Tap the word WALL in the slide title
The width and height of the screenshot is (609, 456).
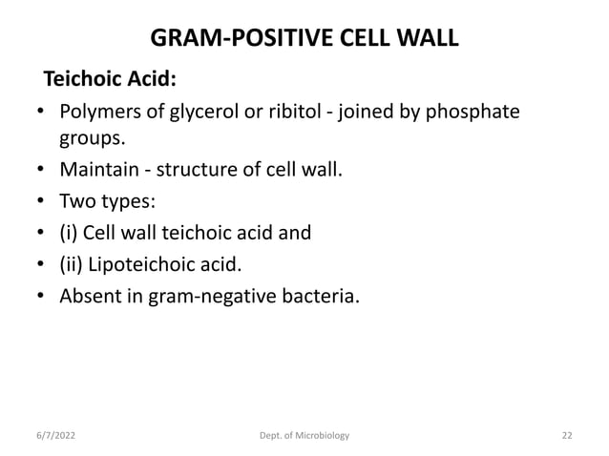tap(426, 39)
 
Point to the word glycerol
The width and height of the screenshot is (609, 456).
tap(206, 114)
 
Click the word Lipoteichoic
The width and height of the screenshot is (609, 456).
tap(146, 261)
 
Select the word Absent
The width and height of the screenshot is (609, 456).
tap(92, 291)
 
